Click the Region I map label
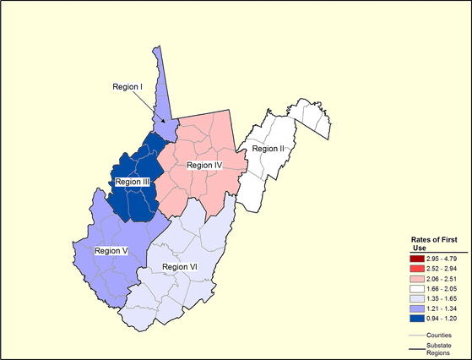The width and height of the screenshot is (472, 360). pos(129,86)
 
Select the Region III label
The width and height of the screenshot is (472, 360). pos(133,181)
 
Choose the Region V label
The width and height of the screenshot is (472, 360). pos(112,251)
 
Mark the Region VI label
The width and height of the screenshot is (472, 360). pos(179,267)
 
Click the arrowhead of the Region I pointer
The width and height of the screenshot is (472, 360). pos(166,123)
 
